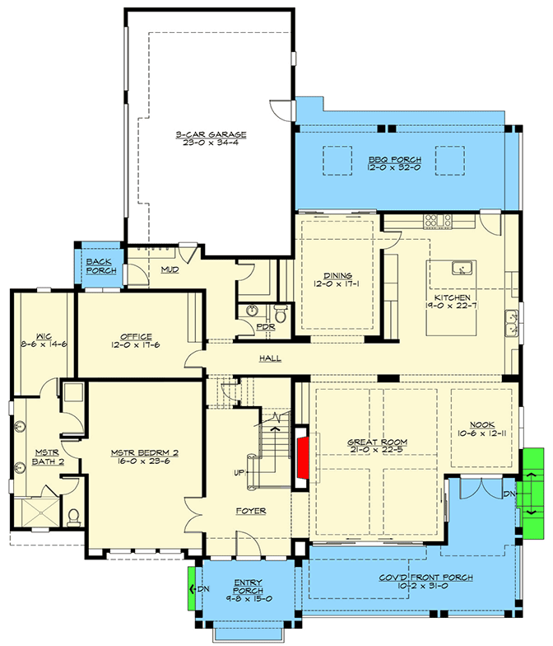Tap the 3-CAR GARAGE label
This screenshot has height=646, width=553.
(211, 135)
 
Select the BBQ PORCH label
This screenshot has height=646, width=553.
(395, 160)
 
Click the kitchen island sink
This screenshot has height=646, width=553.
(462, 269)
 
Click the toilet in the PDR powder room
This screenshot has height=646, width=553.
(281, 314)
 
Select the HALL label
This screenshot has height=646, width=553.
(270, 358)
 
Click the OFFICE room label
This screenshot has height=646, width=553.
(137, 336)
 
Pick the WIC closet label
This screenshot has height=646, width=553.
(43, 336)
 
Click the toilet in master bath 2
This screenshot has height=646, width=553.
(74, 517)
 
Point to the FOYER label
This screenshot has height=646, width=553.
(251, 511)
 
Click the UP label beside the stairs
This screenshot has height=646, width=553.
(239, 473)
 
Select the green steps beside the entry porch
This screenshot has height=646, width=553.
(191, 588)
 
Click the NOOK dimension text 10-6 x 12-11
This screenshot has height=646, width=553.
(482, 433)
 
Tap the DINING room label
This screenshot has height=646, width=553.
(337, 275)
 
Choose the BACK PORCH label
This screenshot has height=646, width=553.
(101, 266)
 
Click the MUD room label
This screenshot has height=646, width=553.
(170, 270)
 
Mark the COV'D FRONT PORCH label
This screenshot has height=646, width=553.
(426, 578)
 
